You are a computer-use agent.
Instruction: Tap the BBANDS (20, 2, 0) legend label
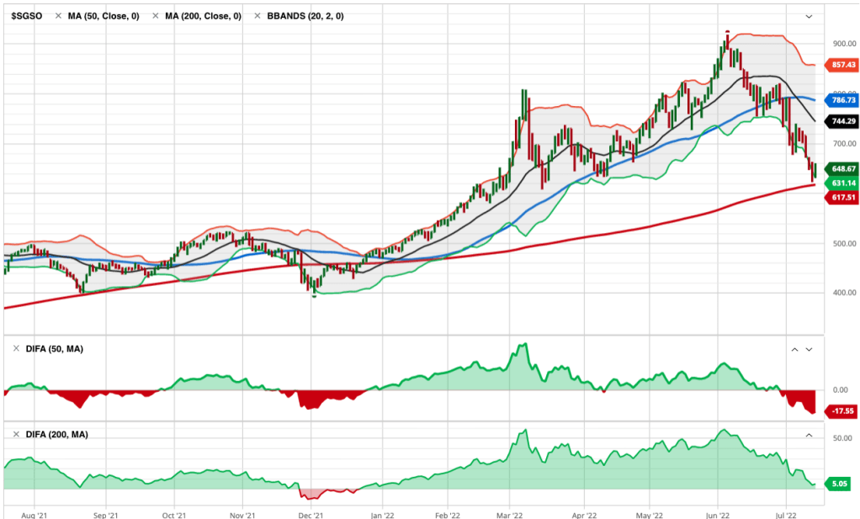(300, 16)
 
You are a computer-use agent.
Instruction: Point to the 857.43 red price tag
(843, 65)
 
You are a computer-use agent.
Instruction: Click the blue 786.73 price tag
(843, 100)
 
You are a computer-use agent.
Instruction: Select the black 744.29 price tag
(843, 122)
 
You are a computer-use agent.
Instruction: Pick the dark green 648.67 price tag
(843, 169)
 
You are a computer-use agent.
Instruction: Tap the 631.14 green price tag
(843, 183)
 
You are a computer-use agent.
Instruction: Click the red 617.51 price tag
(843, 198)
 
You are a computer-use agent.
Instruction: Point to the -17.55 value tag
(843, 411)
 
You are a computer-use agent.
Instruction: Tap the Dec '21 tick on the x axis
(312, 511)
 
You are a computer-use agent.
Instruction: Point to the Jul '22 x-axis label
(786, 511)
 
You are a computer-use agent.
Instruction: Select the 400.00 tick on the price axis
(843, 293)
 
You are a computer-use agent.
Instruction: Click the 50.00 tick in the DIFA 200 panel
(841, 438)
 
